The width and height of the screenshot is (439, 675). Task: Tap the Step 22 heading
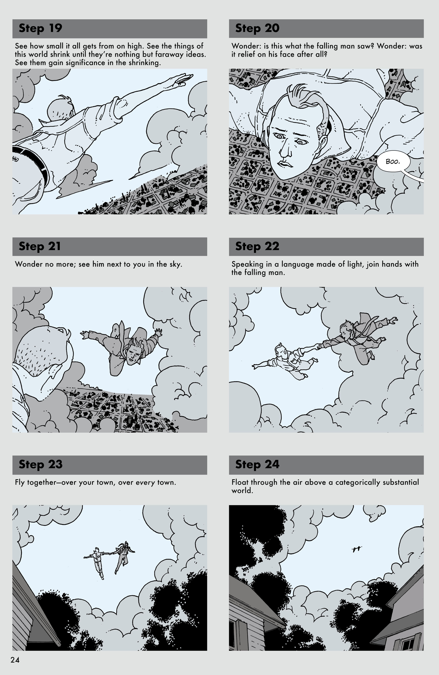257,246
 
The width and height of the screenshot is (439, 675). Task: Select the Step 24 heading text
257,464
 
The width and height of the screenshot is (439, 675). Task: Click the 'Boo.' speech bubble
393,162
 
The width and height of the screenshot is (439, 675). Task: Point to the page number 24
15,660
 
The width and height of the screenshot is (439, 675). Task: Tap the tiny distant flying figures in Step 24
357,550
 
